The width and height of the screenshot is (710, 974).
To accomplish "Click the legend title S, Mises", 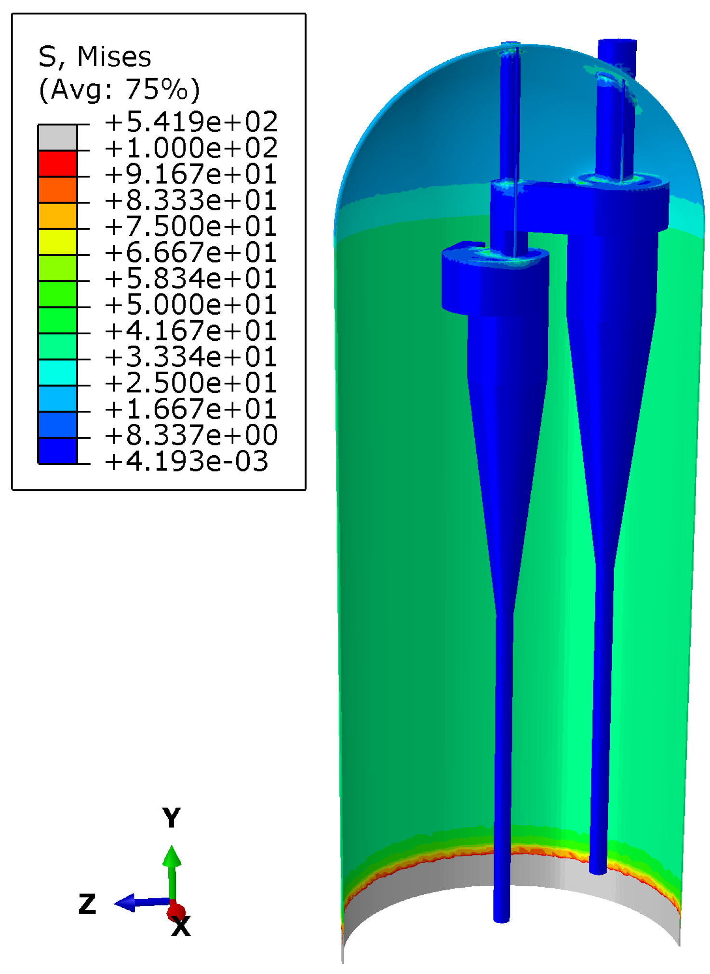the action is (94, 57).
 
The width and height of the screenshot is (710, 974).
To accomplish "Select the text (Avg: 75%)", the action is (119, 89).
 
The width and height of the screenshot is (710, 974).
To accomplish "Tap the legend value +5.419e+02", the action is (191, 122).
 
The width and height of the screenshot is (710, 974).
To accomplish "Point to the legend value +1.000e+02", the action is (191, 148).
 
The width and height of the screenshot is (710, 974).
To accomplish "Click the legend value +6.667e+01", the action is (191, 252).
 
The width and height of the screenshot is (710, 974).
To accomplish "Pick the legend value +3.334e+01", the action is (191, 357).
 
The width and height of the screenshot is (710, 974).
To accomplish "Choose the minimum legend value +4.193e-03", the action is (187, 461).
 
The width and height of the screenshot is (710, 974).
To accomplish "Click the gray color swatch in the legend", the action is (57, 137).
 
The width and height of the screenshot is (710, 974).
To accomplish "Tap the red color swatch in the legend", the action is (57, 163).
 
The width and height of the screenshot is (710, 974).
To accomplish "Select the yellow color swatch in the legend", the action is (57, 242).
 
